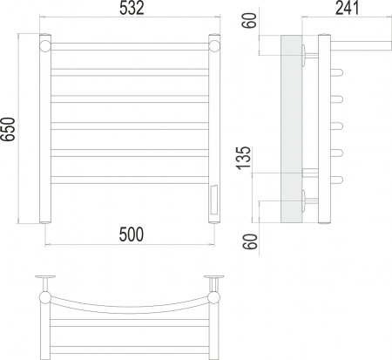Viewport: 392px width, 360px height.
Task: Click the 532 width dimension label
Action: [132, 9]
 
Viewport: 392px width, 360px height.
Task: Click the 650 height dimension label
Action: [8, 129]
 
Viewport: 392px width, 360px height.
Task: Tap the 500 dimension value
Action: [132, 234]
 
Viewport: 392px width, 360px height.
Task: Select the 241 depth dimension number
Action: [348, 8]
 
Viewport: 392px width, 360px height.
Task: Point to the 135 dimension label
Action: [243, 158]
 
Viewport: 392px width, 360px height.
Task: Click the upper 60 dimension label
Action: [250, 20]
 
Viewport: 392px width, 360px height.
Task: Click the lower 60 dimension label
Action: [250, 241]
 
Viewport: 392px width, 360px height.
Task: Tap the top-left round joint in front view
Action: [45, 46]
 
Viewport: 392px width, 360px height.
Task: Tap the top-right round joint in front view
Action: [214, 46]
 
